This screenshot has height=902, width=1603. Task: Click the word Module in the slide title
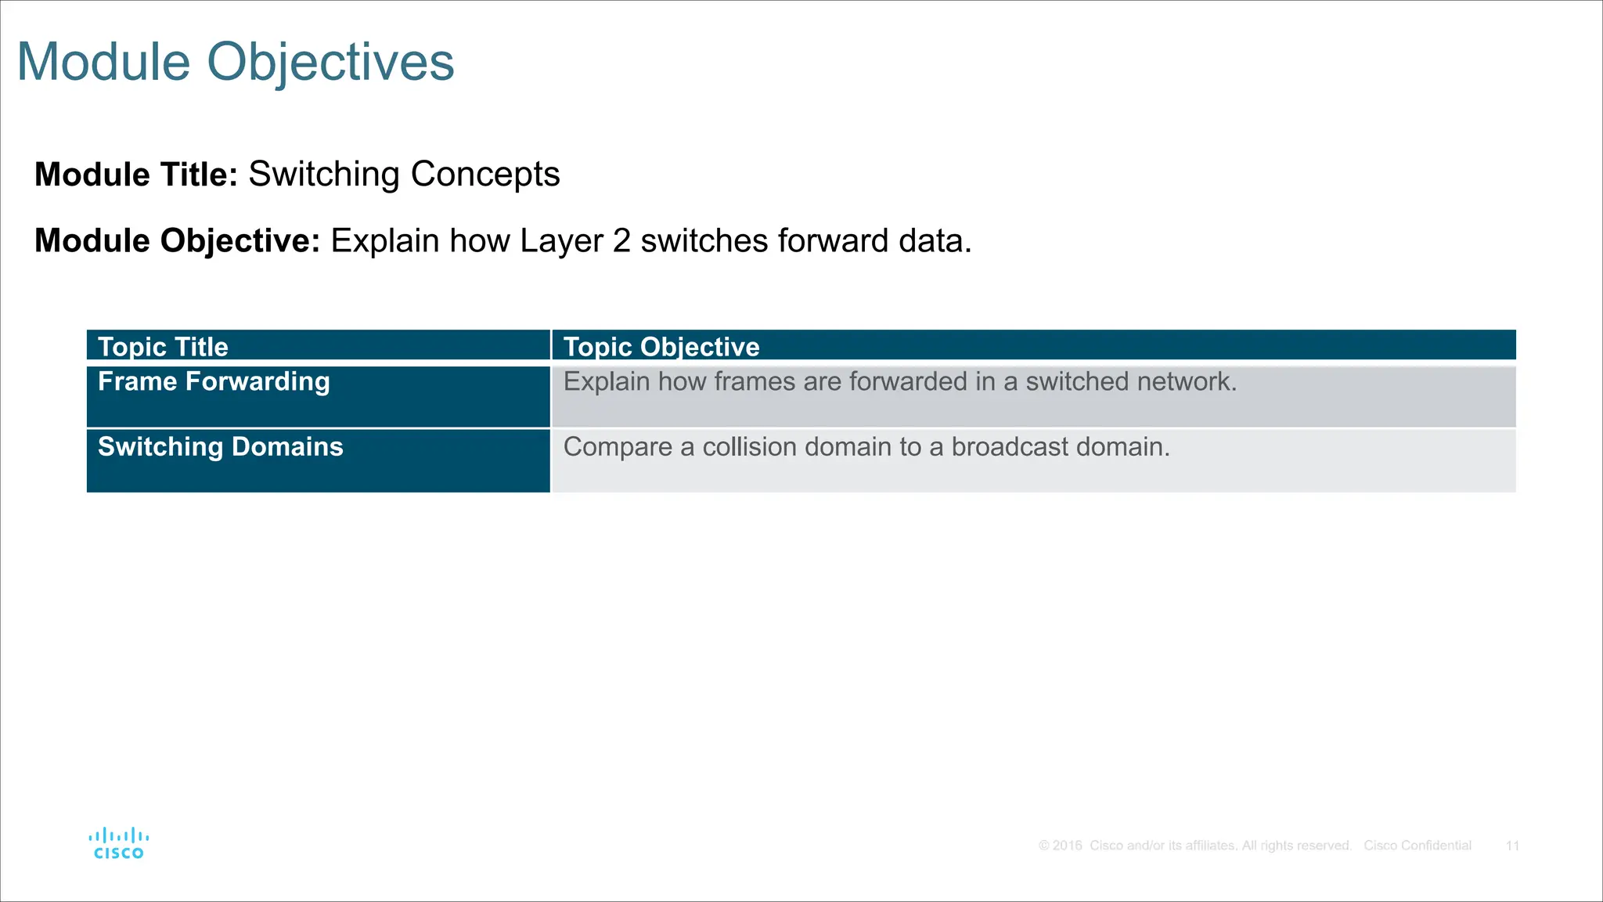104,62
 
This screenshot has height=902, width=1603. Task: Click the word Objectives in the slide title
330,62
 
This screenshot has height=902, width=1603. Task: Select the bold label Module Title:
136,175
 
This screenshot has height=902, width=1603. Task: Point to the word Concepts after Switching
485,175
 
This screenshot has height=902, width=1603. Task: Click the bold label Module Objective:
178,241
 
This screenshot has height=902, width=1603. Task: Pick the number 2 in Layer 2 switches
621,241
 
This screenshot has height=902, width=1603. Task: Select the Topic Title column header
163,347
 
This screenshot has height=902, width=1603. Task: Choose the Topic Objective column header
661,347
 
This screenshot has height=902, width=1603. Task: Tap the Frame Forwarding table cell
214,382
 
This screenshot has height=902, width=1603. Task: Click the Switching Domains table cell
220,447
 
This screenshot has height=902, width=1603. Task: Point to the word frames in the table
755,382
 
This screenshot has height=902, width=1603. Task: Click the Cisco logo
118,844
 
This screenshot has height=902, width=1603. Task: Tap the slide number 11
1512,846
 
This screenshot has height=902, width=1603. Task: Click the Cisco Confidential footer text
1417,846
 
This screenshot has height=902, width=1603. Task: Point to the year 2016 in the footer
1067,846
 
